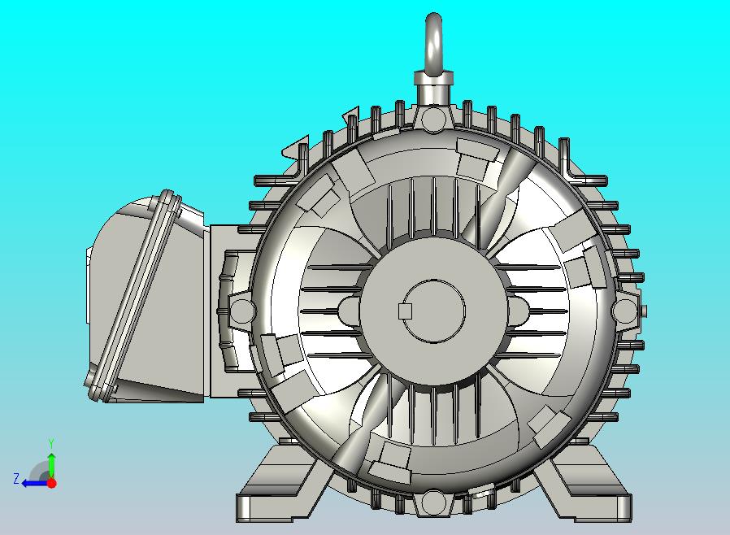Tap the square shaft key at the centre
(406, 311)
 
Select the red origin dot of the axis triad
(52, 483)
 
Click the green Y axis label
(51, 443)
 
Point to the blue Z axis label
(16, 479)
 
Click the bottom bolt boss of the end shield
(434, 502)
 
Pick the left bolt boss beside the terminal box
(242, 311)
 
